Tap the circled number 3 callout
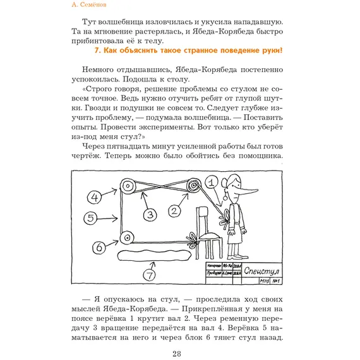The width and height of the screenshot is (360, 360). click(x=149, y=215)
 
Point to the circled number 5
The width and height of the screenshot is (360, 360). click(x=92, y=219)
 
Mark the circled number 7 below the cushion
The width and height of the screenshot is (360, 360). click(x=149, y=276)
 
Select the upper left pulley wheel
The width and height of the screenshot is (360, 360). click(x=129, y=186)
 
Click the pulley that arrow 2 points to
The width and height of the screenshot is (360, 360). click(x=192, y=186)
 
